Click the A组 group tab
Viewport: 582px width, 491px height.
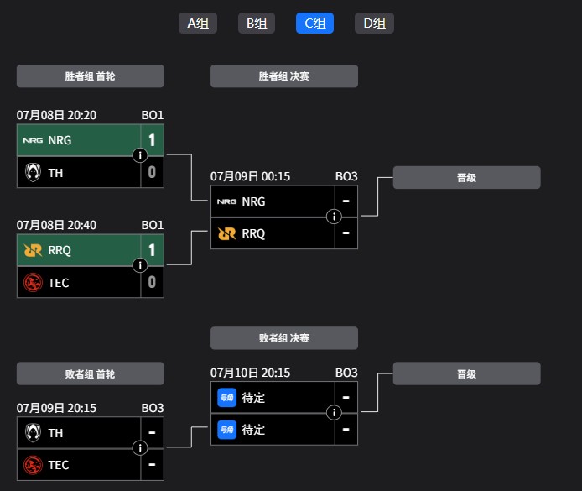[198, 24]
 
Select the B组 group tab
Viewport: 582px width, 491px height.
[257, 24]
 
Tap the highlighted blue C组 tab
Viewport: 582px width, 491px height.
[314, 24]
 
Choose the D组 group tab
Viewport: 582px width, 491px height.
[374, 24]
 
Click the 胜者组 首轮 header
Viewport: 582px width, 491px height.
[90, 76]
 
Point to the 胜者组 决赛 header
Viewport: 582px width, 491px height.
[283, 76]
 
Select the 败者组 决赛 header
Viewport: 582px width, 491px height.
[283, 338]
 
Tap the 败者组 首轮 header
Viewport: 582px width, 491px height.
[90, 374]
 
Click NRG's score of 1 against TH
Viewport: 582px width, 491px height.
[152, 140]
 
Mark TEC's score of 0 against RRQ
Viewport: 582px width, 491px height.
[152, 282]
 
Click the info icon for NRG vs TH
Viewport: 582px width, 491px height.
[140, 155]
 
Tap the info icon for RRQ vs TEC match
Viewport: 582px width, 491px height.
[140, 265]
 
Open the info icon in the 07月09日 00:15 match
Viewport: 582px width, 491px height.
[334, 217]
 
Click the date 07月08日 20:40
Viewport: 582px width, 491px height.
[56, 225]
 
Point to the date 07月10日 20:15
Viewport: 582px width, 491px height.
[250, 373]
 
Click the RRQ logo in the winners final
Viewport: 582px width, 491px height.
[226, 233]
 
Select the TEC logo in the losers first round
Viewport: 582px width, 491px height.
[33, 465]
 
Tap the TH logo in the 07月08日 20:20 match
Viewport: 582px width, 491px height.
[33, 172]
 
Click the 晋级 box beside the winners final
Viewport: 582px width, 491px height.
[466, 178]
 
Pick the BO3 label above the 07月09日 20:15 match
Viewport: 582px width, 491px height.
[152, 408]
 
